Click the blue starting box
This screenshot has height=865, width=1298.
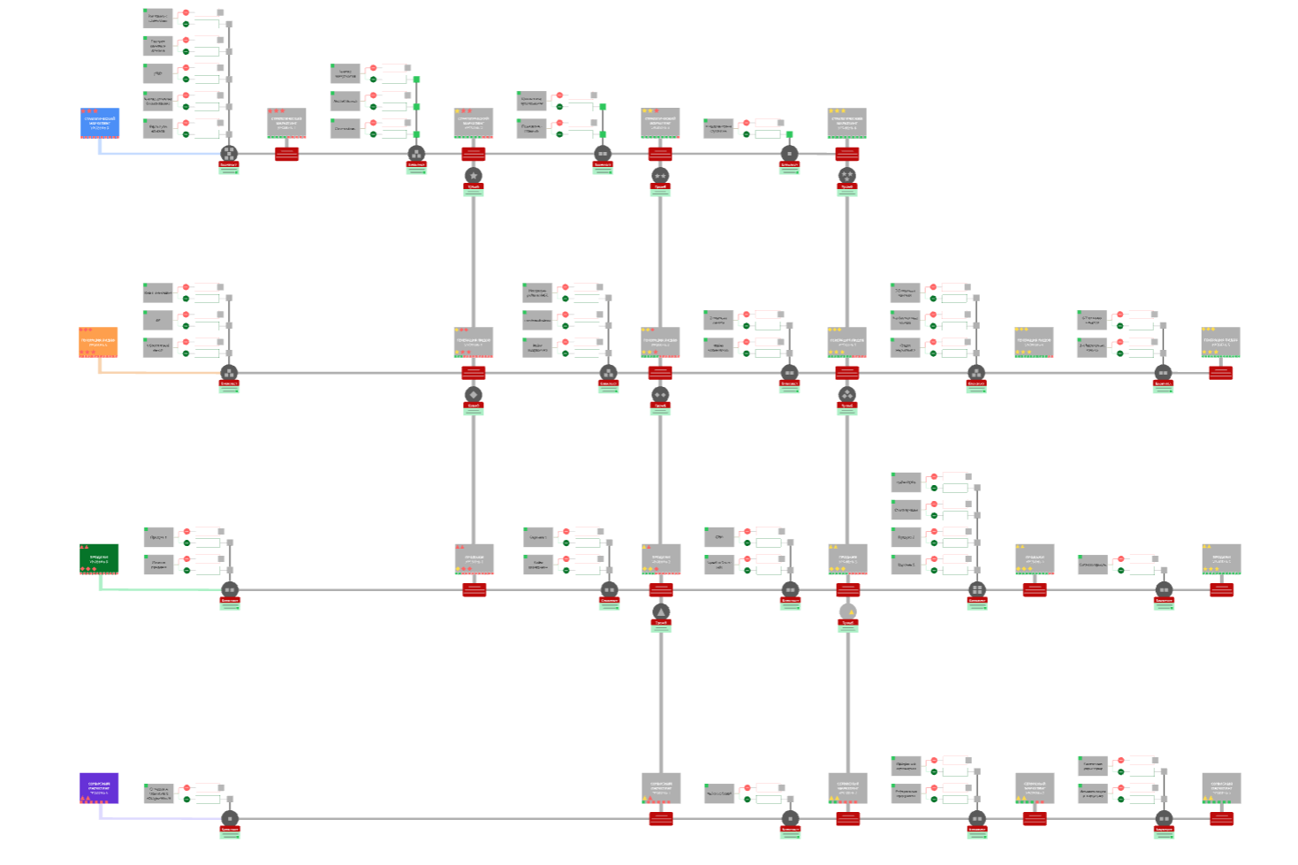(x=100, y=123)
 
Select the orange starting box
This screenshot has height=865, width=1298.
(x=98, y=342)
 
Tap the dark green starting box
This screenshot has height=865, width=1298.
(x=99, y=558)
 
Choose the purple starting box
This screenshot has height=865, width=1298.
(x=99, y=788)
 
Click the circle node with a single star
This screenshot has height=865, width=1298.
(x=474, y=175)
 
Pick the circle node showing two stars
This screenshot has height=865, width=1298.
(x=660, y=175)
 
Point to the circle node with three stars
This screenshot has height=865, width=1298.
(x=847, y=175)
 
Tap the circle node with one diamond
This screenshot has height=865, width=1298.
(x=474, y=394)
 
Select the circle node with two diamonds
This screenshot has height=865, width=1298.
(x=660, y=394)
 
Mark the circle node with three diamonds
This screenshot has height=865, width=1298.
(x=847, y=394)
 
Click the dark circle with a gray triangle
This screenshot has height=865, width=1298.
(x=661, y=611)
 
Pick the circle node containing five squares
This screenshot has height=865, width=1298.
(x=229, y=154)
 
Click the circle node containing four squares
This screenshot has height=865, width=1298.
(x=976, y=589)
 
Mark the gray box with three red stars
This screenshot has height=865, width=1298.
(x=286, y=123)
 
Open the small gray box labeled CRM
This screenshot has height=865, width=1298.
(x=719, y=536)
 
